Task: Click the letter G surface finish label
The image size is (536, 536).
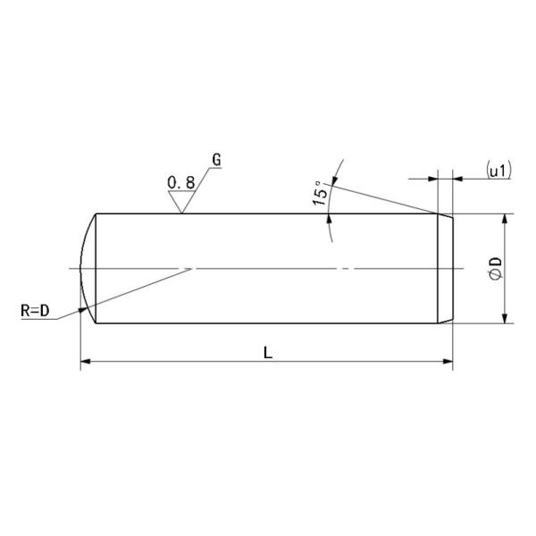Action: [x=216, y=161]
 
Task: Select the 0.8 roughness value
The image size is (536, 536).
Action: [x=181, y=183]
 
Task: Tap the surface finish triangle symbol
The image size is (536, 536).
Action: [x=182, y=204]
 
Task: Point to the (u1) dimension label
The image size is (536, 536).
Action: [x=498, y=170]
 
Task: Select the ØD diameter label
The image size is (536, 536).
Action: [x=496, y=268]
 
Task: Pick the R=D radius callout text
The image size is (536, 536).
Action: [x=36, y=311]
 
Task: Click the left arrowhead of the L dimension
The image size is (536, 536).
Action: [x=86, y=362]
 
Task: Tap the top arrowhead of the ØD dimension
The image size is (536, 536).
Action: [x=506, y=220]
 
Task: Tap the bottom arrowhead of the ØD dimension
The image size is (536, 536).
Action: [x=506, y=317]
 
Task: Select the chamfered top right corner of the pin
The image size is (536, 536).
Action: [x=447, y=217]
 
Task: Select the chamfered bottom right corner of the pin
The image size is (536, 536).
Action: [x=447, y=319]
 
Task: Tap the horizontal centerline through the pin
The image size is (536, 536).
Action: [x=268, y=268]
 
